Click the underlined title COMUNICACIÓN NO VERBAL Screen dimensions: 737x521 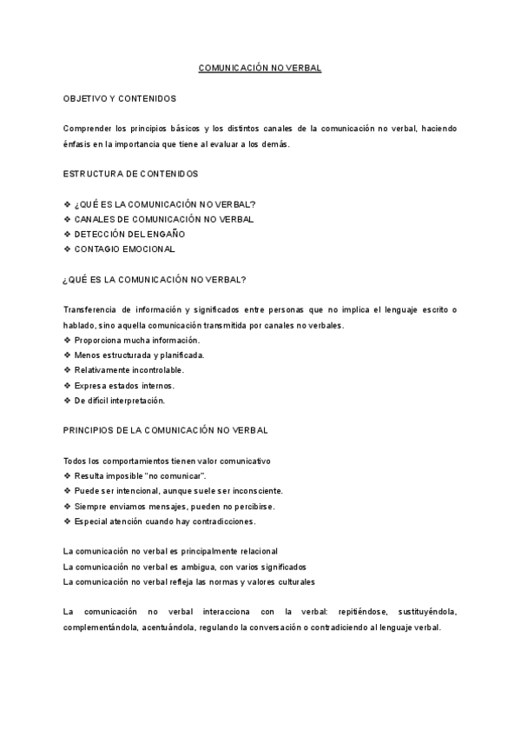point(260,68)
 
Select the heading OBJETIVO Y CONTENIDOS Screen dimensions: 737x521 point(120,99)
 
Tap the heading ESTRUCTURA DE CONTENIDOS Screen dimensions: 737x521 point(130,175)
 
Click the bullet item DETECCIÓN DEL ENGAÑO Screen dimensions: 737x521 point(129,235)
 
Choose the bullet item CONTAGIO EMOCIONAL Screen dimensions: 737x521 point(124,249)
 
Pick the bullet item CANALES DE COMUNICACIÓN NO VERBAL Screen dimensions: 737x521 point(164,220)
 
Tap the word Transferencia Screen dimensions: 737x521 point(89,310)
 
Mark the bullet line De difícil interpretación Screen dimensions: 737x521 point(120,401)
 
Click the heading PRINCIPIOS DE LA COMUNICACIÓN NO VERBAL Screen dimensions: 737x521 point(166,430)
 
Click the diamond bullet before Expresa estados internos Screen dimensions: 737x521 point(68,386)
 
